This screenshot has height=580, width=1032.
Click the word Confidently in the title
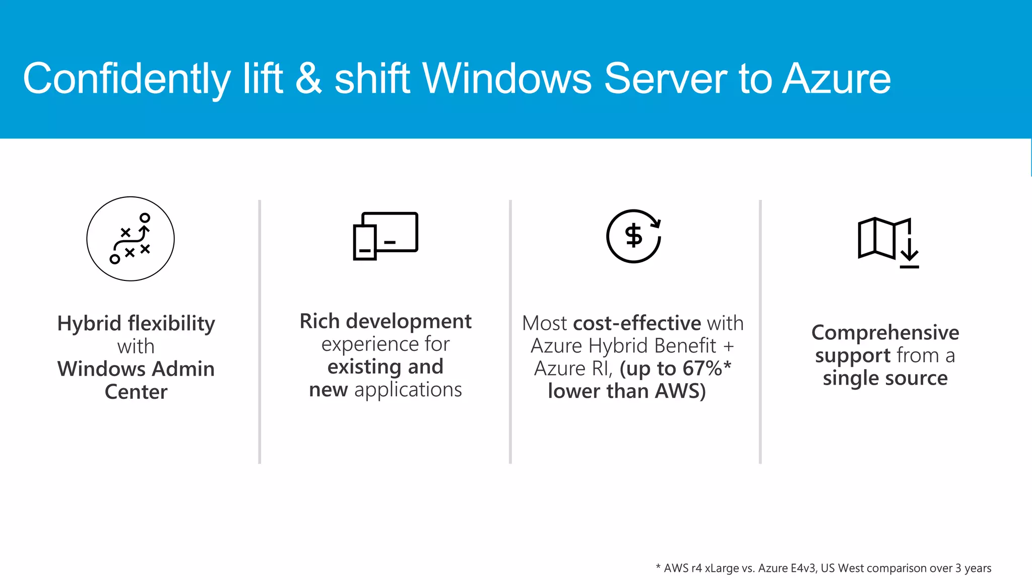coord(126,79)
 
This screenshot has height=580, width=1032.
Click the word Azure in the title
coord(836,79)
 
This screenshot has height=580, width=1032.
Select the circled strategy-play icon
coord(131,239)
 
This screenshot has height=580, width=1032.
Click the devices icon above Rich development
coord(385,236)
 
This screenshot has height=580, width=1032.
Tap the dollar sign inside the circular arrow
coord(633,236)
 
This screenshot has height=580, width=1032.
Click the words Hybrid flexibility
coord(136,323)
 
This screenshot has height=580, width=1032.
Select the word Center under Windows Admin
coord(136,392)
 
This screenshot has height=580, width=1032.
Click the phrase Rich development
coord(385,321)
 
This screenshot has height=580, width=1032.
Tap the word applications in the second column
coord(408,390)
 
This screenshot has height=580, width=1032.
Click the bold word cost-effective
coord(637,323)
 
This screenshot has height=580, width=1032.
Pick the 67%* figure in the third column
coord(706,369)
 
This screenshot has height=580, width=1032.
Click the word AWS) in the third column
coord(680,391)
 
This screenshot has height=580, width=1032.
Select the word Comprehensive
coord(885,333)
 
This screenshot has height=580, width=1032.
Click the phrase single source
coord(885,378)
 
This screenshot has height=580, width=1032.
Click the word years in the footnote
coord(978,568)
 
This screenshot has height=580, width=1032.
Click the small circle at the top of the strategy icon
coord(145,218)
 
